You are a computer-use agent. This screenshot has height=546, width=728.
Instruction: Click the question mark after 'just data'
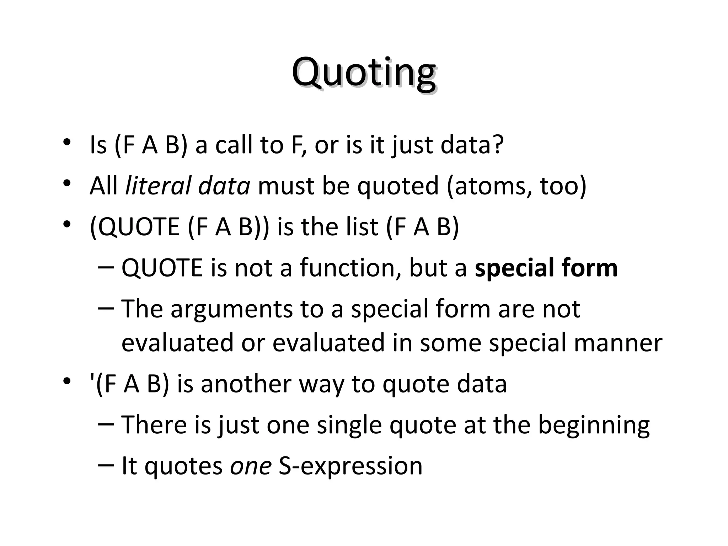pyautogui.click(x=497, y=145)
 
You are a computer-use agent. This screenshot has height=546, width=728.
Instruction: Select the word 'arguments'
pyautogui.click(x=232, y=309)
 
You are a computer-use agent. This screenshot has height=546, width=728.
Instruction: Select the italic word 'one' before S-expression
pyautogui.click(x=251, y=466)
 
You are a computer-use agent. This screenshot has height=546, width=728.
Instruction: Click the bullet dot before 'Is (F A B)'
pyautogui.click(x=66, y=143)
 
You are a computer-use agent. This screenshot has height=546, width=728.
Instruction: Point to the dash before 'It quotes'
pyautogui.click(x=106, y=465)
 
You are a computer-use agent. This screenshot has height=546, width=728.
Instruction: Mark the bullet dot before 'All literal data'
pyautogui.click(x=66, y=184)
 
